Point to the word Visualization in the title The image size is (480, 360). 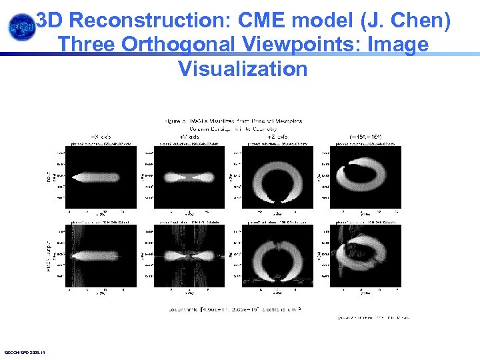[243, 68]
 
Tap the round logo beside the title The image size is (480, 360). [20, 27]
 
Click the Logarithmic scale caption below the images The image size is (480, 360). [233, 309]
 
